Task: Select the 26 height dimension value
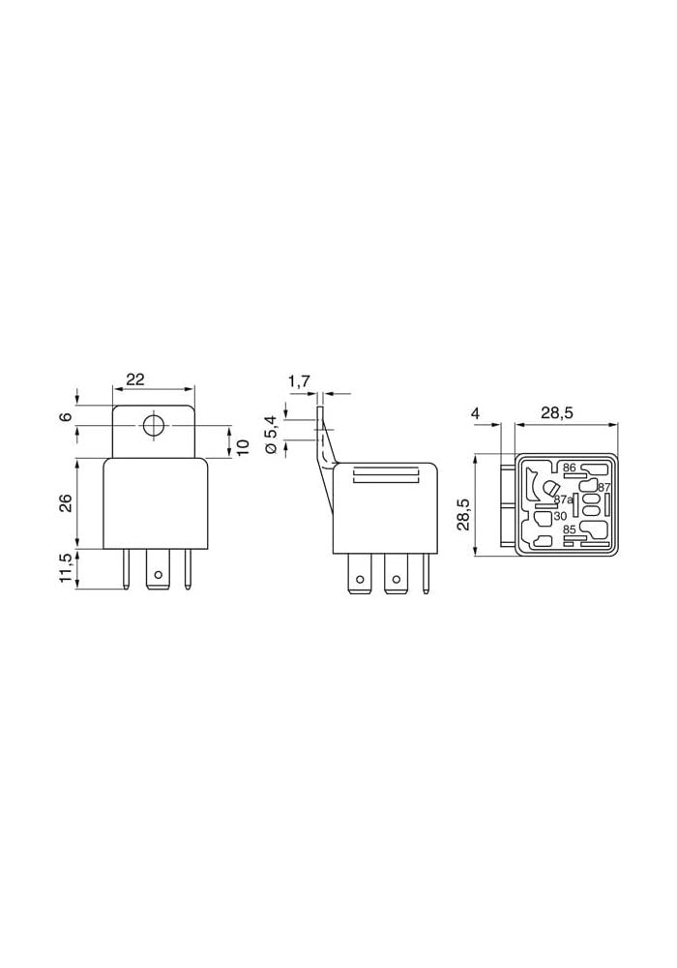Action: point(67,503)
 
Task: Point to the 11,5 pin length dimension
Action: point(67,568)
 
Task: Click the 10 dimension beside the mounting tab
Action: point(243,446)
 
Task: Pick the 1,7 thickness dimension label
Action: point(299,381)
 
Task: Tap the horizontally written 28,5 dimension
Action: point(556,413)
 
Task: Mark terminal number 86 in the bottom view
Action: point(569,468)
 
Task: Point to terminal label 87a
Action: point(562,499)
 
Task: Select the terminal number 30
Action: point(560,516)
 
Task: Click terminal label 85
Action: point(569,530)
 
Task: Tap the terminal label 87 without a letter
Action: point(603,487)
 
